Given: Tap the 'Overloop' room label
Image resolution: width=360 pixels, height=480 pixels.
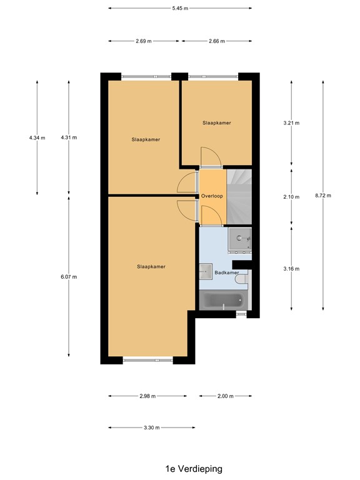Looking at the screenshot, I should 212,196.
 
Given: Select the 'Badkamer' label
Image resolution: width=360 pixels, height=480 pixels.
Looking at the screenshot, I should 226,273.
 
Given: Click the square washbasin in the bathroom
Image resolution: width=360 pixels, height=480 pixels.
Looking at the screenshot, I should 206,270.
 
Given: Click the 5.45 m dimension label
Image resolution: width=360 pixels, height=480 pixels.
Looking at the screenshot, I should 180,8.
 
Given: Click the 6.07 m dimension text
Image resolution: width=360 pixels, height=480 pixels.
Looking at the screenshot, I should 68,277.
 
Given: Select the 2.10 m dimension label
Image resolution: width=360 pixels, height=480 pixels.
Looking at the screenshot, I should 291,197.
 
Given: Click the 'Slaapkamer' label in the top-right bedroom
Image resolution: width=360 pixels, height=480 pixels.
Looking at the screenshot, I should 216,123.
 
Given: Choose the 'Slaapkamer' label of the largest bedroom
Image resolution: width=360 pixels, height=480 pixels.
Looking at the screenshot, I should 151,267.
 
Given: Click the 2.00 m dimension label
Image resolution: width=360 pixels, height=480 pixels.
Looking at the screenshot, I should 225,396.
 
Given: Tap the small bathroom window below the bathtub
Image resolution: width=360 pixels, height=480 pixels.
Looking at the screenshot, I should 241,314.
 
